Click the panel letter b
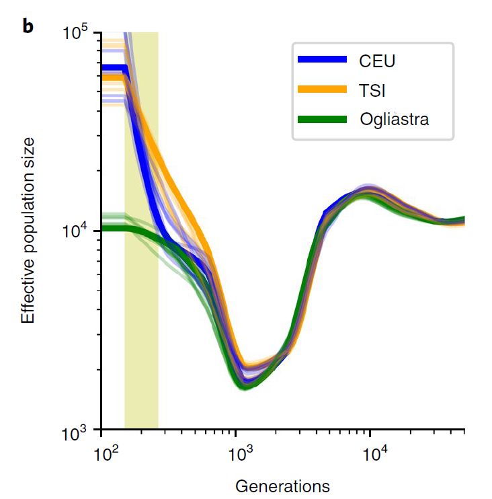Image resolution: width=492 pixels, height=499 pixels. click(x=28, y=28)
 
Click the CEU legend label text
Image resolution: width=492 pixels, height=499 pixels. click(x=377, y=61)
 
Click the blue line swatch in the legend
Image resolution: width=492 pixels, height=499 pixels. click(x=323, y=60)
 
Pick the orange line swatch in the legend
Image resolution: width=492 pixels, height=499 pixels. click(x=323, y=89)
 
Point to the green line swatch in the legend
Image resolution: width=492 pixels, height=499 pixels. click(x=323, y=119)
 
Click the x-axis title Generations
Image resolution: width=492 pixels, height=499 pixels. click(x=282, y=485)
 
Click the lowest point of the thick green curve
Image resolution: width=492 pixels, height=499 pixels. click(x=243, y=387)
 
